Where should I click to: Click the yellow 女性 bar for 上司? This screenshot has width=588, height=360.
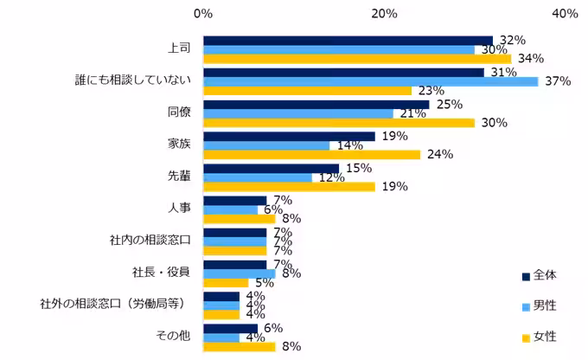click(356, 59)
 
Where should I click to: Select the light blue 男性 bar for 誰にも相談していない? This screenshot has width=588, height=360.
click(370, 81)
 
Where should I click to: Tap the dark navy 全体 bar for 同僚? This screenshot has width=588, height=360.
click(316, 104)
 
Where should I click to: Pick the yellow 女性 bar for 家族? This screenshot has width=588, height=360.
click(311, 155)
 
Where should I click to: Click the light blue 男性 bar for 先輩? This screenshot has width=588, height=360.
click(257, 177)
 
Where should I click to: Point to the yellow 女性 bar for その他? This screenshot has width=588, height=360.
click(239, 347)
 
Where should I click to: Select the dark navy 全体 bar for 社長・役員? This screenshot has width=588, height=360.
click(234, 264)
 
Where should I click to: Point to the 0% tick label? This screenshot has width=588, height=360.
click(203, 13)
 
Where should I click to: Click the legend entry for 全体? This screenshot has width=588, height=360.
click(544, 275)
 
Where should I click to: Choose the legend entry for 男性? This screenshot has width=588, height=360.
click(544, 305)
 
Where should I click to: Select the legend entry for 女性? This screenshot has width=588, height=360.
click(544, 336)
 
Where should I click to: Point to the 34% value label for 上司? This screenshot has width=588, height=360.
click(530, 59)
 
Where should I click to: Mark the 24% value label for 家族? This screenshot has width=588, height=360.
click(439, 155)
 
